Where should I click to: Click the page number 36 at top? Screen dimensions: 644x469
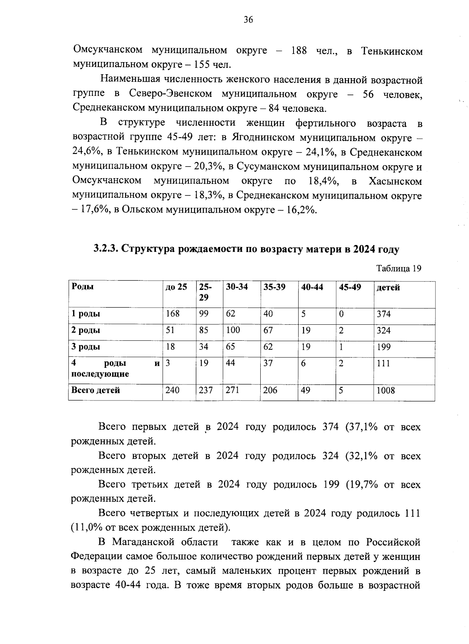[x=248, y=20]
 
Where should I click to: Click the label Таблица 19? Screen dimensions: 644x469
[x=399, y=268]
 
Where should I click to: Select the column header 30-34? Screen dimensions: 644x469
[x=237, y=287]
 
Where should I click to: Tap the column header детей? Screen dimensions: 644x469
[x=388, y=288]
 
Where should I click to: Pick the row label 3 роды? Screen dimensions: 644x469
[x=86, y=347]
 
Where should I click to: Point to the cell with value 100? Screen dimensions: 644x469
[x=233, y=330]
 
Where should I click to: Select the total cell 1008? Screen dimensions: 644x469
[x=385, y=390]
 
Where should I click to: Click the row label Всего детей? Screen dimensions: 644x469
[x=95, y=390]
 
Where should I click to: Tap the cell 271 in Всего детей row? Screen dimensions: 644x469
[x=232, y=390]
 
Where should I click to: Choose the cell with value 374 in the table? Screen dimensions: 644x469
[x=383, y=314]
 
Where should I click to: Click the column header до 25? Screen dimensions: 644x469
[x=176, y=287]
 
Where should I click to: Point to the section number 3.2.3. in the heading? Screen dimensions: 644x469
[x=106, y=249]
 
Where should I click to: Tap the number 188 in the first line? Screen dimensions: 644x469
[x=299, y=51]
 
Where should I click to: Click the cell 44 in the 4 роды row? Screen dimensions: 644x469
[x=231, y=363]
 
